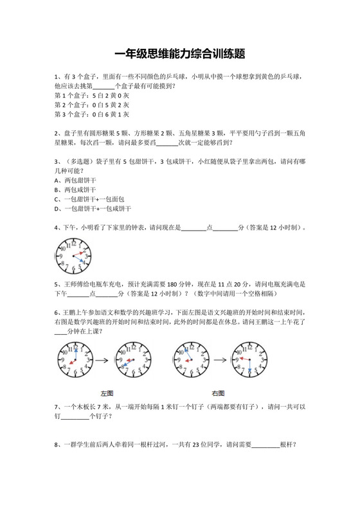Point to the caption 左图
pyautogui.click(x=107, y=393)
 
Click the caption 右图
pyautogui.click(x=218, y=393)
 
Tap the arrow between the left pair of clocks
pyautogui.click(x=103, y=361)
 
